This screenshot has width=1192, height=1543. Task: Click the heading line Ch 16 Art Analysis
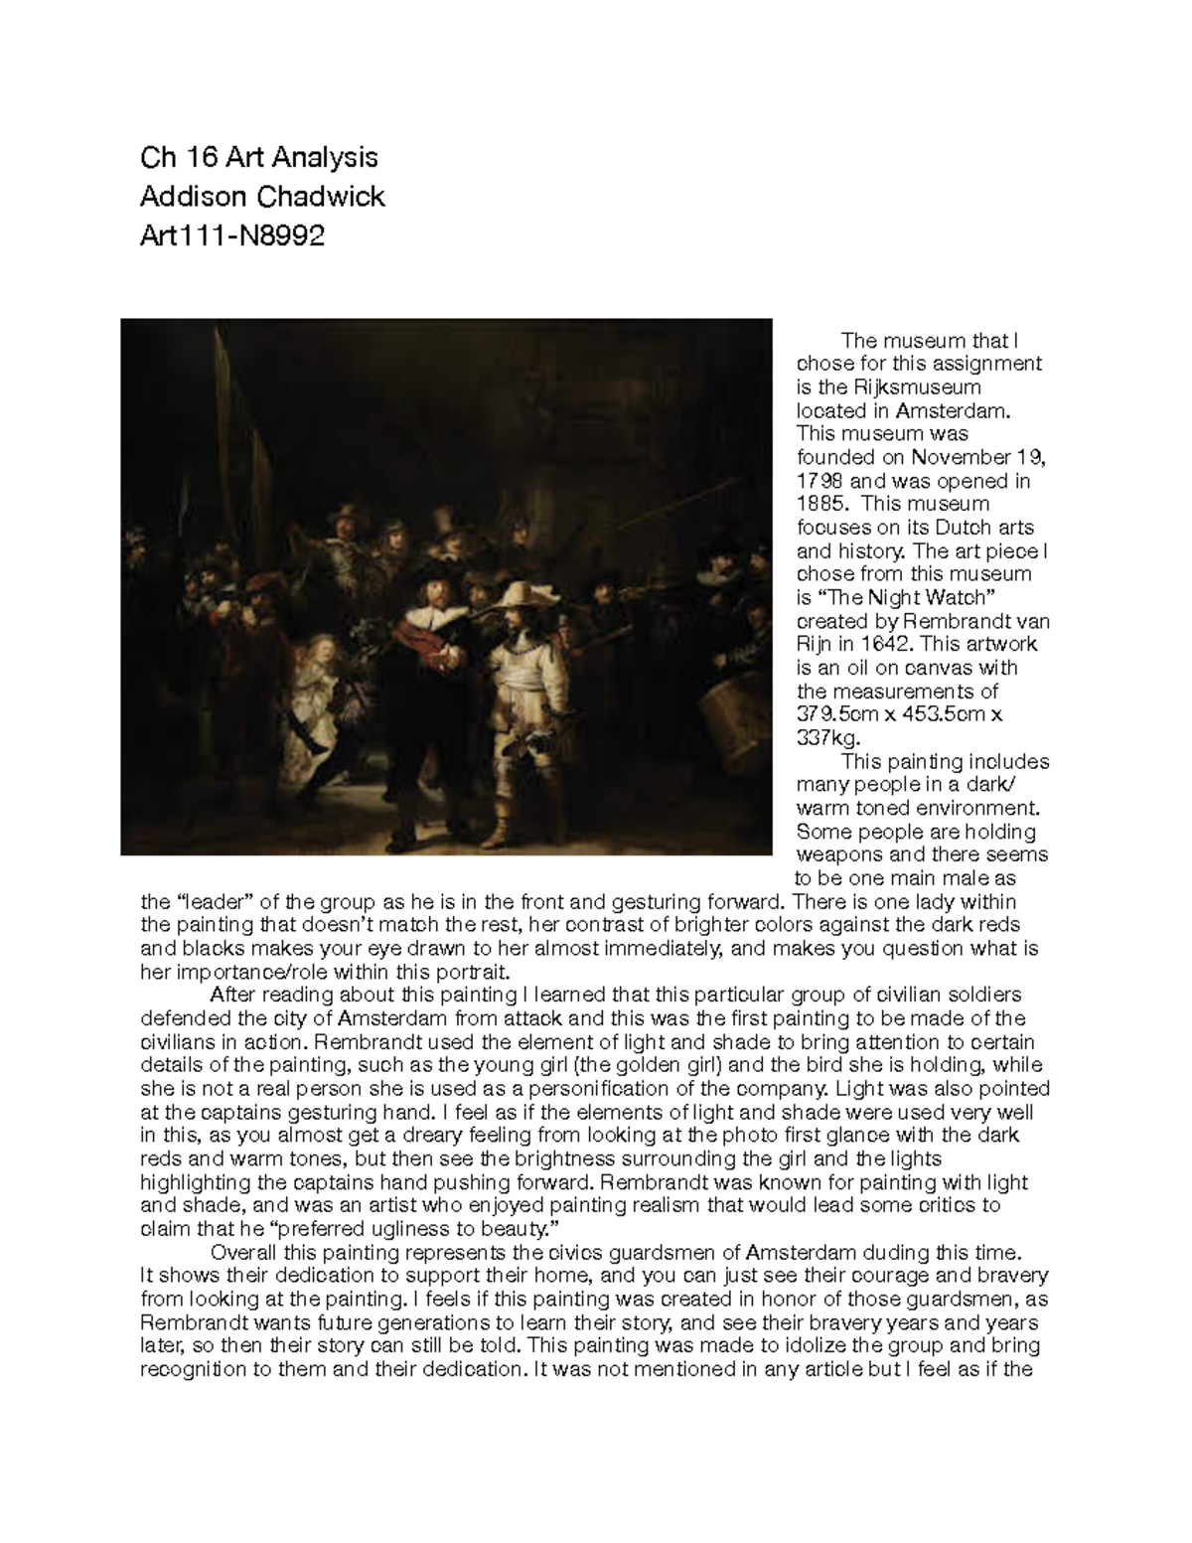(x=259, y=157)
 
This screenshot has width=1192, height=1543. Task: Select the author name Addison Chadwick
(x=262, y=197)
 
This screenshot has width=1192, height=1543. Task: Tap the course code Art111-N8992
(x=232, y=236)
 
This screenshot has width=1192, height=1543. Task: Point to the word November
(x=955, y=457)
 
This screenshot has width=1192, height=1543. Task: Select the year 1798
(x=819, y=481)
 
